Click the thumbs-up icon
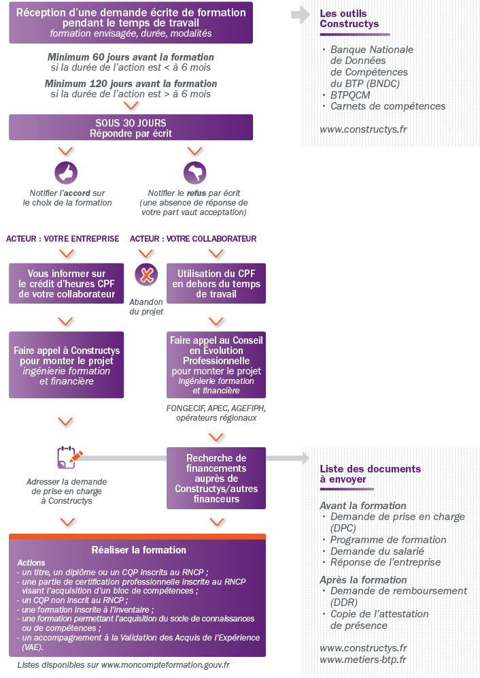click(x=66, y=173)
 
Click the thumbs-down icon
click(x=194, y=173)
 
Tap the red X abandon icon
click(x=146, y=275)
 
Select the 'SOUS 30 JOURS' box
click(x=131, y=127)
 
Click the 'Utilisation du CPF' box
click(x=216, y=283)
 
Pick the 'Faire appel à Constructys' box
click(x=67, y=365)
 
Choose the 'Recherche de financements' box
click(x=216, y=478)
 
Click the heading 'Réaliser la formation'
click(x=139, y=549)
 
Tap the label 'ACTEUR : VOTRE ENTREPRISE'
click(x=63, y=239)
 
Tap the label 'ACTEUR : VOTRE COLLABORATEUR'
click(x=193, y=239)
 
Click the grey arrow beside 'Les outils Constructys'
click(x=300, y=15)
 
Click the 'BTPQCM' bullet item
click(x=350, y=95)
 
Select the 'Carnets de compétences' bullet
click(x=388, y=106)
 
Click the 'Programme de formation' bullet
click(x=388, y=540)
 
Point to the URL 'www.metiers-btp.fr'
click(x=362, y=660)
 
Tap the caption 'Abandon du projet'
click(x=146, y=307)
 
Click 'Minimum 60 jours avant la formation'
click(x=131, y=57)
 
